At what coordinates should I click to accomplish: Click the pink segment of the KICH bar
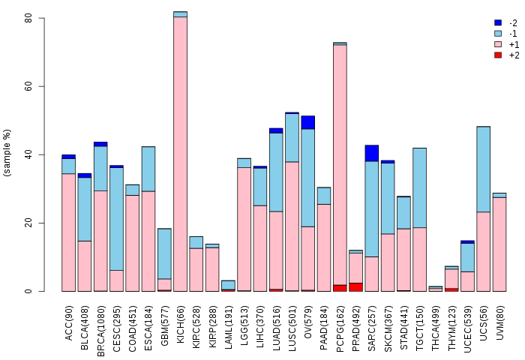pos(181,154)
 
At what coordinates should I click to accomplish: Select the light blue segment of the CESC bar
pos(116,219)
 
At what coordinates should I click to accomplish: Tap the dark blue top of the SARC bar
pos(372,154)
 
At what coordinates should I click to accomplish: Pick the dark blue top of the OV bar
pos(308,122)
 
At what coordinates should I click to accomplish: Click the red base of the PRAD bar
pos(356,287)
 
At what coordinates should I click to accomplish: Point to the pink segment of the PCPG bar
pos(340,165)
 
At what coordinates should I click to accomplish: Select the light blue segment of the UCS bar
pos(484,169)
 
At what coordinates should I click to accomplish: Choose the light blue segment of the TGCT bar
pos(419,187)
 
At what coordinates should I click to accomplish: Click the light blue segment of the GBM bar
pos(164,253)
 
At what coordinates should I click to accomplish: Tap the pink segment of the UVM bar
pos(499,244)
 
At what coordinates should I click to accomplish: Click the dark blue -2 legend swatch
pos(498,22)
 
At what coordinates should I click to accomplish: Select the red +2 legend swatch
pos(498,55)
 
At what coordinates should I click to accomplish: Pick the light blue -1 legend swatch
pos(498,34)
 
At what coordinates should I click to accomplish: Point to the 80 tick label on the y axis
pos(28,18)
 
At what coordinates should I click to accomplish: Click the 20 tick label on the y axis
pos(28,223)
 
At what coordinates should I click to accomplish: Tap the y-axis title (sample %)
pos(7,153)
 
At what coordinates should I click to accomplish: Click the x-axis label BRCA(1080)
pos(100,331)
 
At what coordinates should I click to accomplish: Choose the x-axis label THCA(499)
pos(436,328)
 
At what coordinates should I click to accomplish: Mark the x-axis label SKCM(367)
pos(388,328)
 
